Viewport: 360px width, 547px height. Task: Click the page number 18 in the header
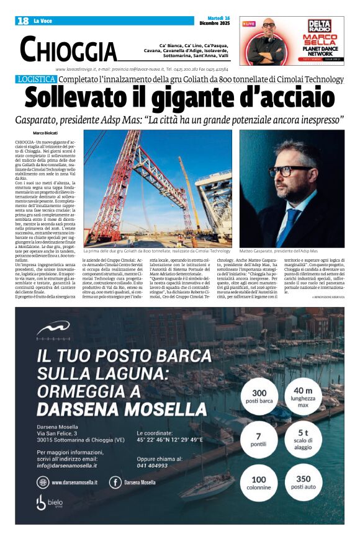click(24, 21)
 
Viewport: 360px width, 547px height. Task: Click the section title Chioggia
click(68, 49)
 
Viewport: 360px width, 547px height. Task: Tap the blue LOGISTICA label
click(37, 79)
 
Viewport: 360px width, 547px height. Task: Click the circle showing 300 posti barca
click(259, 396)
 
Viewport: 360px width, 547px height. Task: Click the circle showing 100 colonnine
click(258, 483)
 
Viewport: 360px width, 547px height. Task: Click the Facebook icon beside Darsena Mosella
click(115, 482)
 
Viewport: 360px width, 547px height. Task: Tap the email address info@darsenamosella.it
click(66, 465)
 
